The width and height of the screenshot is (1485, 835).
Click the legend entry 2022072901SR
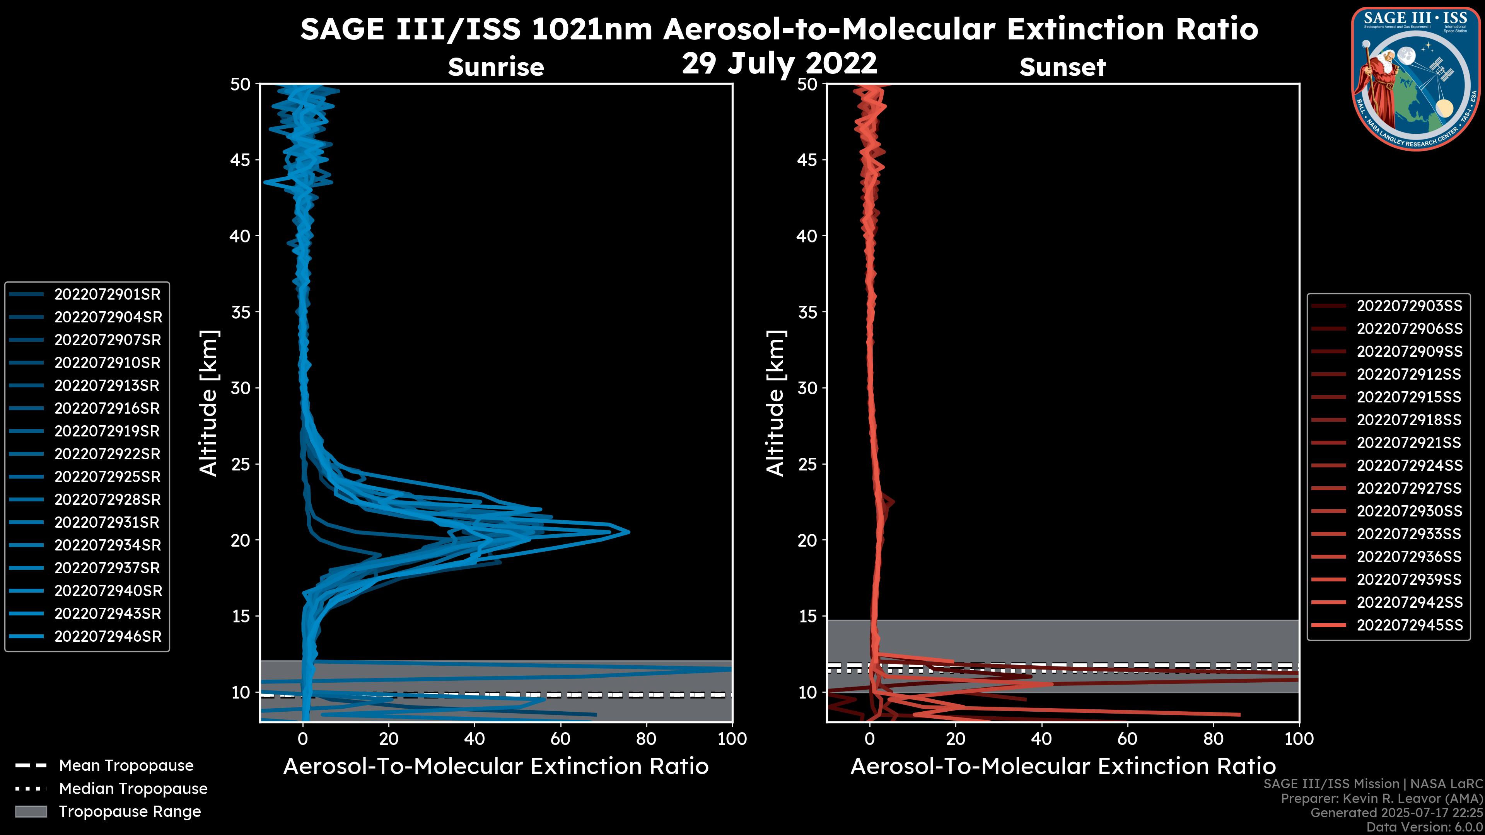pos(107,295)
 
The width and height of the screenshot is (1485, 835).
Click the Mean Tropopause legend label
pos(126,766)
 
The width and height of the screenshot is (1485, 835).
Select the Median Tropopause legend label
pos(133,789)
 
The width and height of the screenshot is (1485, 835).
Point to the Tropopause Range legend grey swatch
pos(31,812)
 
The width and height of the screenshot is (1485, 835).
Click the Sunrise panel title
pos(496,67)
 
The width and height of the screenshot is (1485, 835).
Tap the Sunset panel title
pos(1062,67)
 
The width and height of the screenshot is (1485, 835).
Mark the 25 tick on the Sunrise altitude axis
pos(241,464)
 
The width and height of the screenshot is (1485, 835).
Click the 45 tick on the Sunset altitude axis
pos(807,160)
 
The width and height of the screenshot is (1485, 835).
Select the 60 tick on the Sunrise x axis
pos(560,739)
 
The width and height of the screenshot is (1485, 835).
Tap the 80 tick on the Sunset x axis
pos(1214,739)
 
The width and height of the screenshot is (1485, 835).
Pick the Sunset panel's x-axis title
pos(1062,767)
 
